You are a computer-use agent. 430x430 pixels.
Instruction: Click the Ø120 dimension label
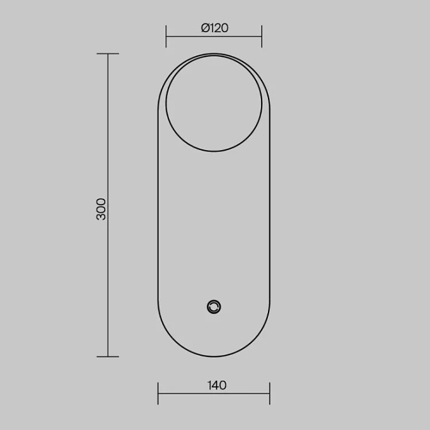tap(215, 28)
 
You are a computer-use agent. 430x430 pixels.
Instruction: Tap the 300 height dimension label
tap(101, 209)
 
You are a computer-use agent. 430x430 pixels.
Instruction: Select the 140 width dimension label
tap(217, 385)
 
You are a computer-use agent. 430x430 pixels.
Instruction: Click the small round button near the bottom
tap(214, 307)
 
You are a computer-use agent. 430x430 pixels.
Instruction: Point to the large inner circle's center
tap(214, 103)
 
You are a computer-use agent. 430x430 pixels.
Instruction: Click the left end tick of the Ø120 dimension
tap(166, 36)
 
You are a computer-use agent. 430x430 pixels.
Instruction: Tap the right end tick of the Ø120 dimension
tap(262, 36)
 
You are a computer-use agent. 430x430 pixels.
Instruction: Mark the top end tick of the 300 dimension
tap(108, 54)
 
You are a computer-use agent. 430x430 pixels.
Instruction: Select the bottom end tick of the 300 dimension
tap(108, 357)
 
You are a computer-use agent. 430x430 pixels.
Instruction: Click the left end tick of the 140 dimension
tap(158, 393)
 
